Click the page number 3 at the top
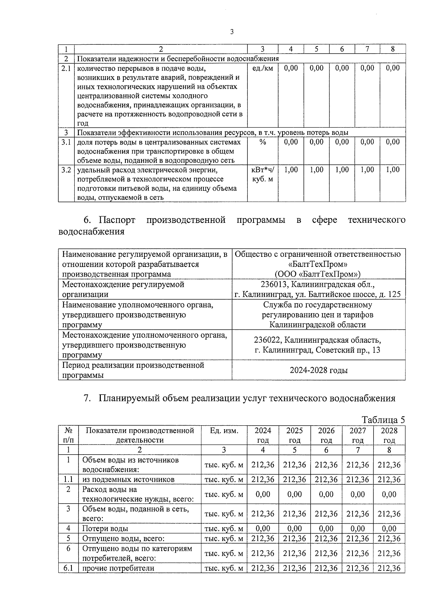point(232,32)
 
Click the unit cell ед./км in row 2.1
point(262,68)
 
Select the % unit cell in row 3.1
point(262,142)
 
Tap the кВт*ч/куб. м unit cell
point(262,174)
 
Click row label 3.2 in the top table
point(66,170)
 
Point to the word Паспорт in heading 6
point(117,220)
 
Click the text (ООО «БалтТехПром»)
point(318,274)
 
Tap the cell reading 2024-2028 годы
point(319,370)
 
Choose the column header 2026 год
point(326,435)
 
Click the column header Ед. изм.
point(224,431)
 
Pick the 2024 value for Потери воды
point(263,528)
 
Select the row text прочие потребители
point(118,568)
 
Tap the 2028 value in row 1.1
point(389,479)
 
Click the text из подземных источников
point(128,479)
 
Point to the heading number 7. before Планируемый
point(87,398)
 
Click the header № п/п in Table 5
point(68,435)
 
